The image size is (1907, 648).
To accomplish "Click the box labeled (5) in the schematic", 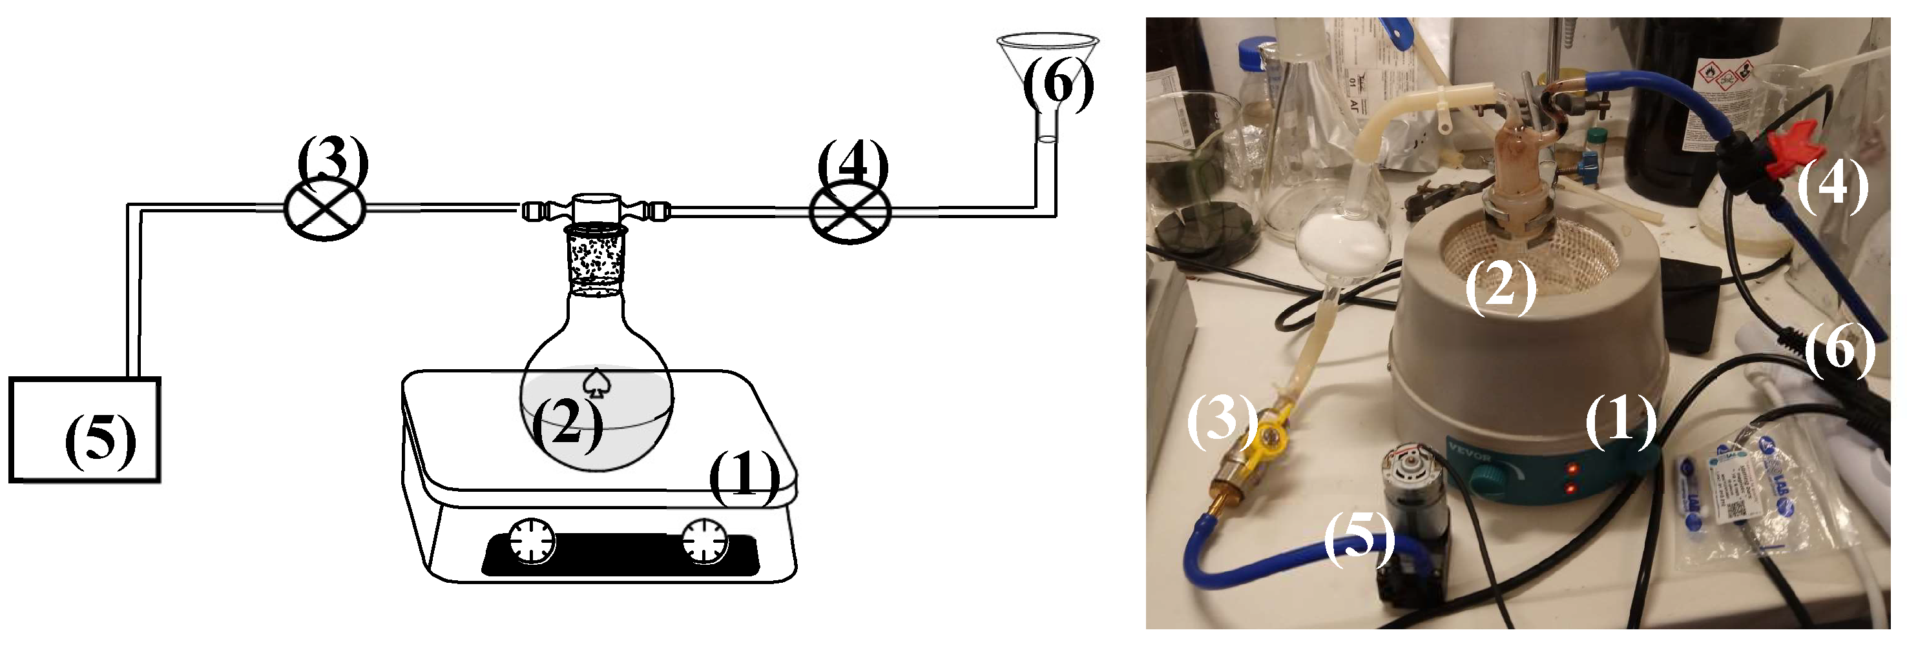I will pyautogui.click(x=85, y=430).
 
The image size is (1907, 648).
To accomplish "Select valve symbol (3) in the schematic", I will pyautogui.click(x=325, y=209).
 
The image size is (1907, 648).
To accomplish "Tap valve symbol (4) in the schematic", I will pyautogui.click(x=850, y=213).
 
